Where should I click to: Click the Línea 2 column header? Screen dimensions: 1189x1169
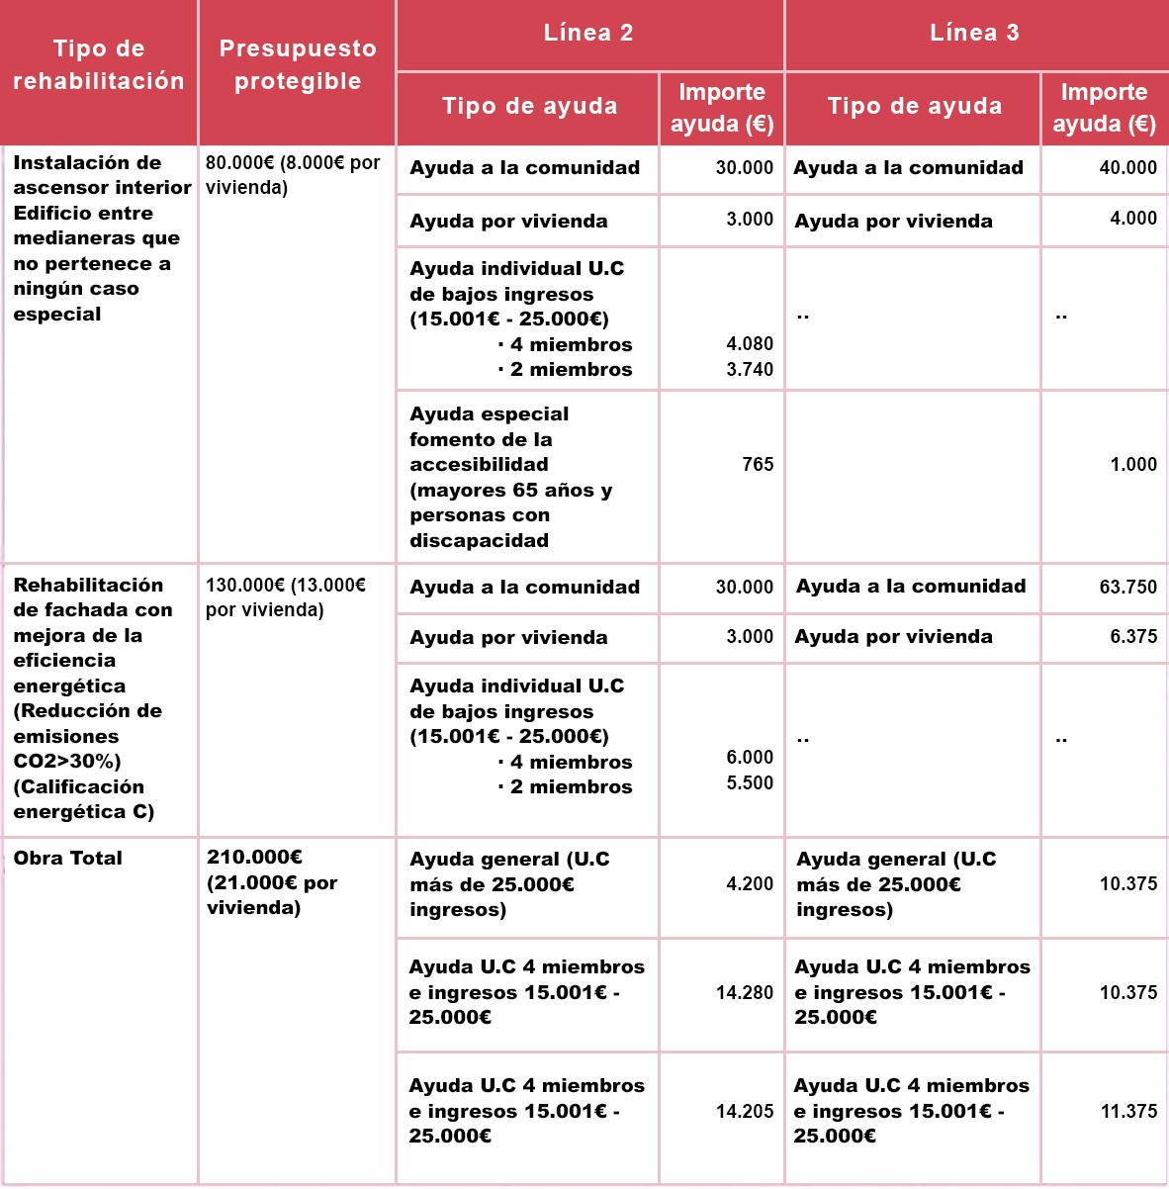tap(588, 33)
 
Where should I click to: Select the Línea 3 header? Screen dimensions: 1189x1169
tap(974, 33)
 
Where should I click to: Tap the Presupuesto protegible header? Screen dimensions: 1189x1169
tap(297, 65)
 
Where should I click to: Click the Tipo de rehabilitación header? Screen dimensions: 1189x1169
tap(99, 65)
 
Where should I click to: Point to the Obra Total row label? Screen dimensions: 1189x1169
tap(68, 859)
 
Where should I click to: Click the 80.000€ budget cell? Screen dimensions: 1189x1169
tap(293, 175)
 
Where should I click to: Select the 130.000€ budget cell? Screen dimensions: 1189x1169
tap(286, 597)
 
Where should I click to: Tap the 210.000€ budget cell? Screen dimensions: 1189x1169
tap(272, 882)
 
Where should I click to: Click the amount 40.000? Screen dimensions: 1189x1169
tap(1127, 168)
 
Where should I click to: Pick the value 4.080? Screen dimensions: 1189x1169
tap(750, 344)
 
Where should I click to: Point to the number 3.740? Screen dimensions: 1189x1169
tap(750, 370)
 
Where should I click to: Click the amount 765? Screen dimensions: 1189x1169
tap(758, 465)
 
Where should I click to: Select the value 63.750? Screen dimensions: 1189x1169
tap(1127, 588)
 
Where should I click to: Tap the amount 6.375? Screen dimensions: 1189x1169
tap(1132, 637)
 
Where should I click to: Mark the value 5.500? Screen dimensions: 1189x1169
tap(750, 783)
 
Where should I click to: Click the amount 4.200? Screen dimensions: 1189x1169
tap(750, 884)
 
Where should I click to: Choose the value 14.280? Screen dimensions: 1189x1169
tap(745, 993)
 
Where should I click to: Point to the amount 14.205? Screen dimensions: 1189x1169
tap(745, 1112)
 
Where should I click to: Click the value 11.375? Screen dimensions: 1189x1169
tap(1128, 1112)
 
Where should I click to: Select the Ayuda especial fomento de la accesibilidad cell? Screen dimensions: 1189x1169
tap(510, 477)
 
